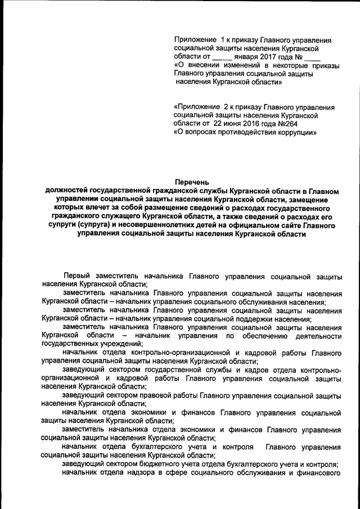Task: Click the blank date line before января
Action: pos(222,58)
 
